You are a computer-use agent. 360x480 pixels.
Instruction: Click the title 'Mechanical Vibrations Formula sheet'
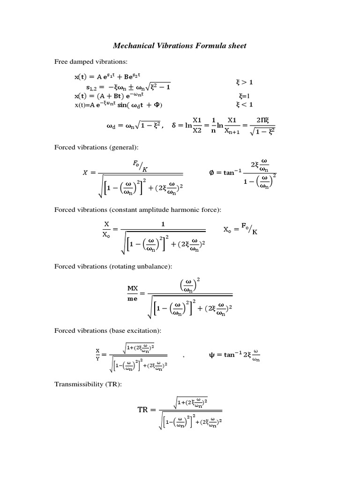[180, 46]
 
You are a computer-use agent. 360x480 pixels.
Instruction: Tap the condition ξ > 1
[245, 82]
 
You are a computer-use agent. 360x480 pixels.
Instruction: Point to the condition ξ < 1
[245, 104]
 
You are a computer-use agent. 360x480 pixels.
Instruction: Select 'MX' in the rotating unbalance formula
[133, 288]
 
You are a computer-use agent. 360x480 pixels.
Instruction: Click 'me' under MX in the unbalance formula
[133, 299]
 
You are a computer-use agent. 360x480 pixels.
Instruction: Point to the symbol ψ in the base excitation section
[211, 355]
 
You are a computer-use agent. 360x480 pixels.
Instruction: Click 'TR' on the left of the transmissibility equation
[142, 410]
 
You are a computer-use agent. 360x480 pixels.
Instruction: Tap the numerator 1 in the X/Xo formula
[163, 225]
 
